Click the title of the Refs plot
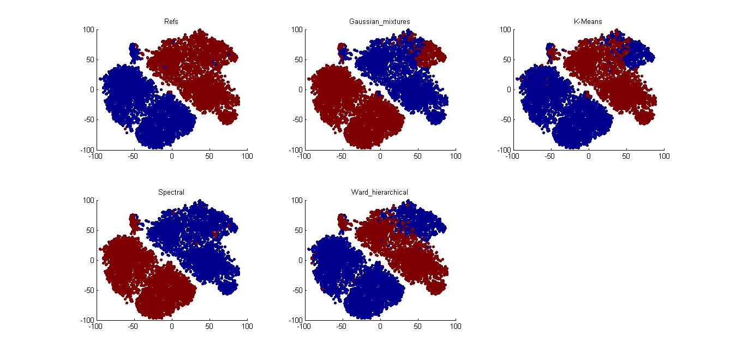[x=171, y=22]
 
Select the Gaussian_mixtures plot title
[x=380, y=22]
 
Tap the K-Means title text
[x=588, y=22]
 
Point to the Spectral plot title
[x=171, y=193]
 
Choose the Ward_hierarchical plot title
[x=380, y=193]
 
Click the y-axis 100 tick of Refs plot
[x=88, y=29]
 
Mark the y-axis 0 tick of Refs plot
[x=92, y=89]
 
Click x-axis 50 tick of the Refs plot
[x=210, y=156]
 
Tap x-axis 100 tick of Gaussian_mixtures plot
[x=456, y=156]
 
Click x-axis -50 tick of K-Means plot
[x=550, y=156]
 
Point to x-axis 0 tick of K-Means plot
[x=588, y=156]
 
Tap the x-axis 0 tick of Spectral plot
[x=171, y=327]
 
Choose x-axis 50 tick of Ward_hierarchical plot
[x=418, y=327]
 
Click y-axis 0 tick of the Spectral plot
[x=92, y=260]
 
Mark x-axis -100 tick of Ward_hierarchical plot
[x=302, y=327]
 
